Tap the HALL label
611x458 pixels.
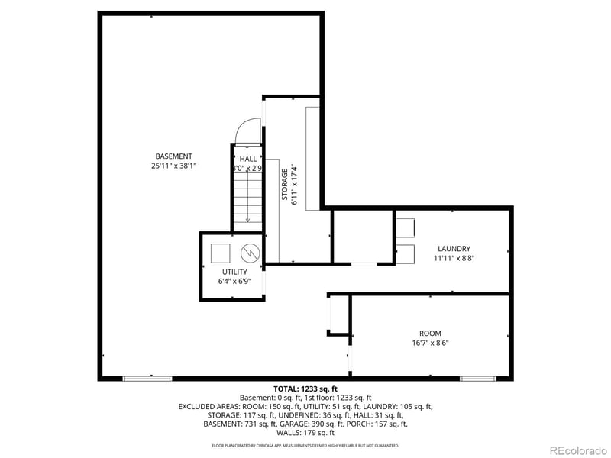pyautogui.click(x=248, y=159)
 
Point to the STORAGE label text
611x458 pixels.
pyautogui.click(x=284, y=184)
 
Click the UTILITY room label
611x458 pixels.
pyautogui.click(x=234, y=272)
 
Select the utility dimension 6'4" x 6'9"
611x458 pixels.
pyautogui.click(x=234, y=282)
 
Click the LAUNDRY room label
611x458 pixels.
pyautogui.click(x=453, y=248)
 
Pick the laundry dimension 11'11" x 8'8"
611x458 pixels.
pyautogui.click(x=453, y=258)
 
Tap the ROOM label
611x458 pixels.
pyautogui.click(x=430, y=333)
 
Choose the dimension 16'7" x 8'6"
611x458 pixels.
pyautogui.click(x=430, y=343)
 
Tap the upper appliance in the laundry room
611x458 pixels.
pyautogui.click(x=405, y=227)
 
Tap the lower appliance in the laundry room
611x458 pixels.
pyautogui.click(x=405, y=253)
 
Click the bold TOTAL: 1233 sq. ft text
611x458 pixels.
pyautogui.click(x=305, y=389)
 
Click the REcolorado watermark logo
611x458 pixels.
pyautogui.click(x=577, y=449)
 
